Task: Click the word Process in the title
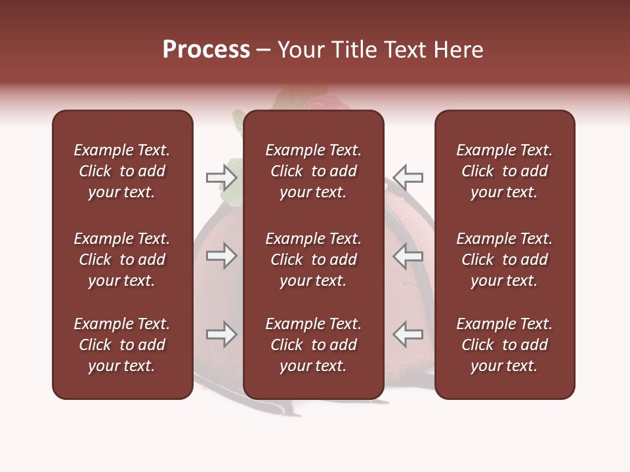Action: point(206,50)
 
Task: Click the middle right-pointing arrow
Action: point(221,256)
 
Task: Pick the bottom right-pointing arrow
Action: point(221,334)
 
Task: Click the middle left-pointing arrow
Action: point(408,256)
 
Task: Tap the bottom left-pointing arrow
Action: point(408,334)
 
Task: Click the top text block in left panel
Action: point(122,171)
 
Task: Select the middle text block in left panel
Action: point(122,260)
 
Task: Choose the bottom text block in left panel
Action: point(122,345)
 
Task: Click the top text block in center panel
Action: point(313,171)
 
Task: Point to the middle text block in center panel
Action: point(313,260)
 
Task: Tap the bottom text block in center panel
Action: point(313,345)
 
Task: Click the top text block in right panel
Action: point(504,171)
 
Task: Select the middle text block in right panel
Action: point(504,260)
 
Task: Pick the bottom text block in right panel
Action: point(504,345)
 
